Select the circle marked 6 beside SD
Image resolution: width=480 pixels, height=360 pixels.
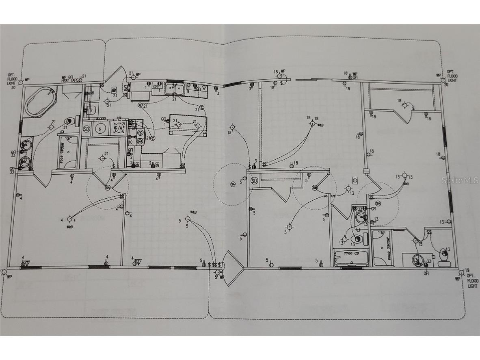tap(99, 129)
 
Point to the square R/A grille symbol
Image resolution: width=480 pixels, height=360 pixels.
tap(119, 128)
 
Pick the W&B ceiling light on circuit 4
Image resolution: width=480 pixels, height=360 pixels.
tap(69, 219)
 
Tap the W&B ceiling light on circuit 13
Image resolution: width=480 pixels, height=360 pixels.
tap(404, 176)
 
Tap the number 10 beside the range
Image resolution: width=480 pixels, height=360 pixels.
tap(130, 142)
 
